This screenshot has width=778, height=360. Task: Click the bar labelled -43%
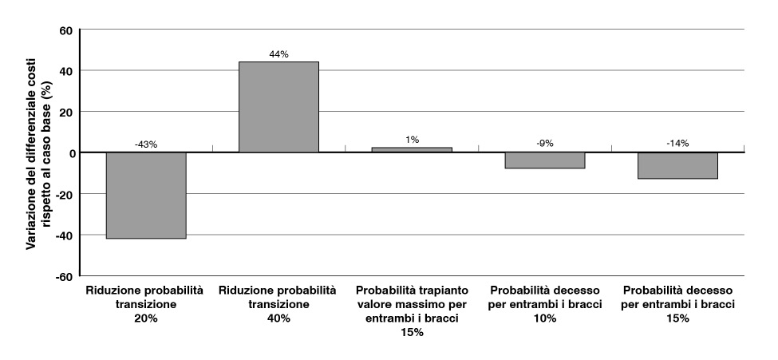[x=146, y=196]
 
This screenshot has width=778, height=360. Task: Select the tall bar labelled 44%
[x=278, y=107]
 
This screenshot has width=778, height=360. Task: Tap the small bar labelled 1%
[x=412, y=150]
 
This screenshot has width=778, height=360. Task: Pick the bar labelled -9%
[x=545, y=160]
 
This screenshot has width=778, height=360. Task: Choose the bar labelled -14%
[x=677, y=165]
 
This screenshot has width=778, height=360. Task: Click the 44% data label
[x=279, y=54]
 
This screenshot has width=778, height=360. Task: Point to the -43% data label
[x=146, y=144]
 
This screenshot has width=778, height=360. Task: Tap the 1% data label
[x=412, y=140]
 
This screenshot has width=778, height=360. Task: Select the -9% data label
[x=545, y=144]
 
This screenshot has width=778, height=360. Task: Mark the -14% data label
[x=677, y=144]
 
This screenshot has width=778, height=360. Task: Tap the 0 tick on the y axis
[x=69, y=152]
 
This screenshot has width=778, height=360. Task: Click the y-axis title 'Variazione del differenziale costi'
[x=33, y=152]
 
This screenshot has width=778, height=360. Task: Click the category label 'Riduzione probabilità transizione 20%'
[x=146, y=304]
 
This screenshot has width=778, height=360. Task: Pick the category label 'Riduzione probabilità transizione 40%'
[x=278, y=304]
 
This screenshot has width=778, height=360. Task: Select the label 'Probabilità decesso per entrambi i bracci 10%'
[x=545, y=304]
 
